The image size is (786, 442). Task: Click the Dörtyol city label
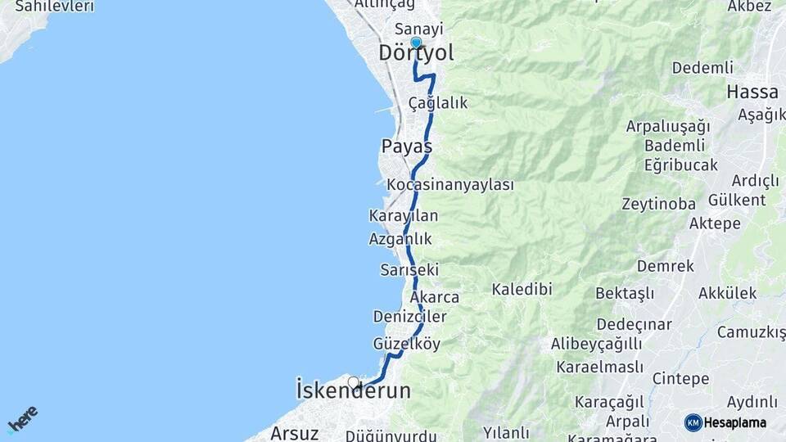pos(416,54)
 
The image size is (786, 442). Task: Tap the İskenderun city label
pos(353,391)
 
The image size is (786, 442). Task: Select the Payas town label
pos(406,147)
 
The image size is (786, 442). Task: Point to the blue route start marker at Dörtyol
pos(416,43)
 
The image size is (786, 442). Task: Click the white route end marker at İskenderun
pos(354,382)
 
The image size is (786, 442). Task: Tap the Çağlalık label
pos(438,103)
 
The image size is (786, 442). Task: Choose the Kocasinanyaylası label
pos(450,185)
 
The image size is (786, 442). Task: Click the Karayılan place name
pos(404,216)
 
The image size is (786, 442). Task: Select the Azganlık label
pos(400,239)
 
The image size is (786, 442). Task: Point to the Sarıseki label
pos(409,269)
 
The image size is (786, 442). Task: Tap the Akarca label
pos(435,297)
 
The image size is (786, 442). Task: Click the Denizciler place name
pos(409,317)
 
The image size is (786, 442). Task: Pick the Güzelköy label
pos(406,344)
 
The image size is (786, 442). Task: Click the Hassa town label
pos(752,92)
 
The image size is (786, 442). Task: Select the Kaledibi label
pos(522,289)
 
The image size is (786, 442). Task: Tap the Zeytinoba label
pos(658,204)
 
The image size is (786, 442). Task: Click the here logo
pos(22,418)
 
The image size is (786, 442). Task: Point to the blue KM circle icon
pos(693,422)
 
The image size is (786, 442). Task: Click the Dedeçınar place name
pos(634,324)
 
